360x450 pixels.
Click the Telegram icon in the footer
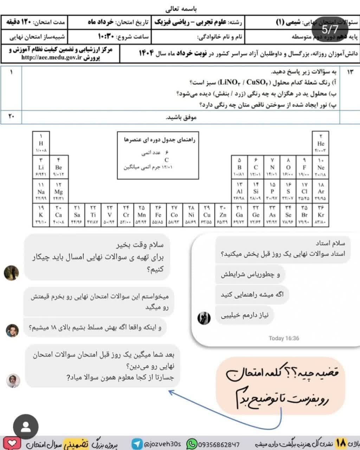(137, 444)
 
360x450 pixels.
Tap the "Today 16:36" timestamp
(284, 338)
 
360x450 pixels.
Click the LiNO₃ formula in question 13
(230, 83)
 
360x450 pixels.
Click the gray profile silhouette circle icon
(26, 427)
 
